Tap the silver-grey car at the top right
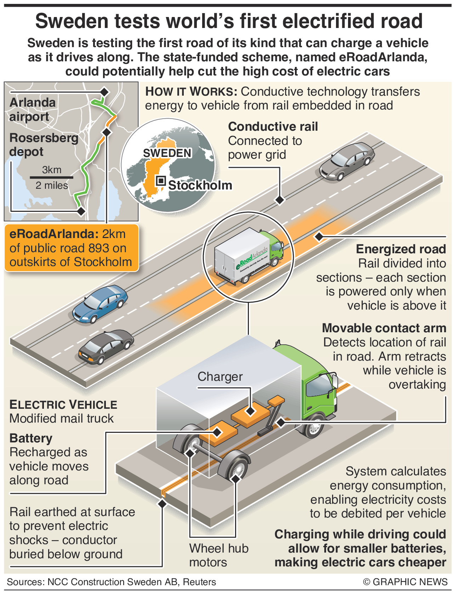tap(347, 161)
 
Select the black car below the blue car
tap(106, 347)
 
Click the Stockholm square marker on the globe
tap(161, 181)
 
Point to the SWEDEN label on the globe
tap(167, 153)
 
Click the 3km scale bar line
tap(51, 177)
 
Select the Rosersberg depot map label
tap(43, 145)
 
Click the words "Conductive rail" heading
tap(273, 126)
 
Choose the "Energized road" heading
tap(401, 249)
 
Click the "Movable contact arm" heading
tap(384, 328)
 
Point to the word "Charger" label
tap(220, 377)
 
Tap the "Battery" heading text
tap(31, 438)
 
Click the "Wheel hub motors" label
tap(218, 555)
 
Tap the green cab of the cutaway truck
tap(315, 386)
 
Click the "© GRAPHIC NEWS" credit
tap(405, 582)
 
